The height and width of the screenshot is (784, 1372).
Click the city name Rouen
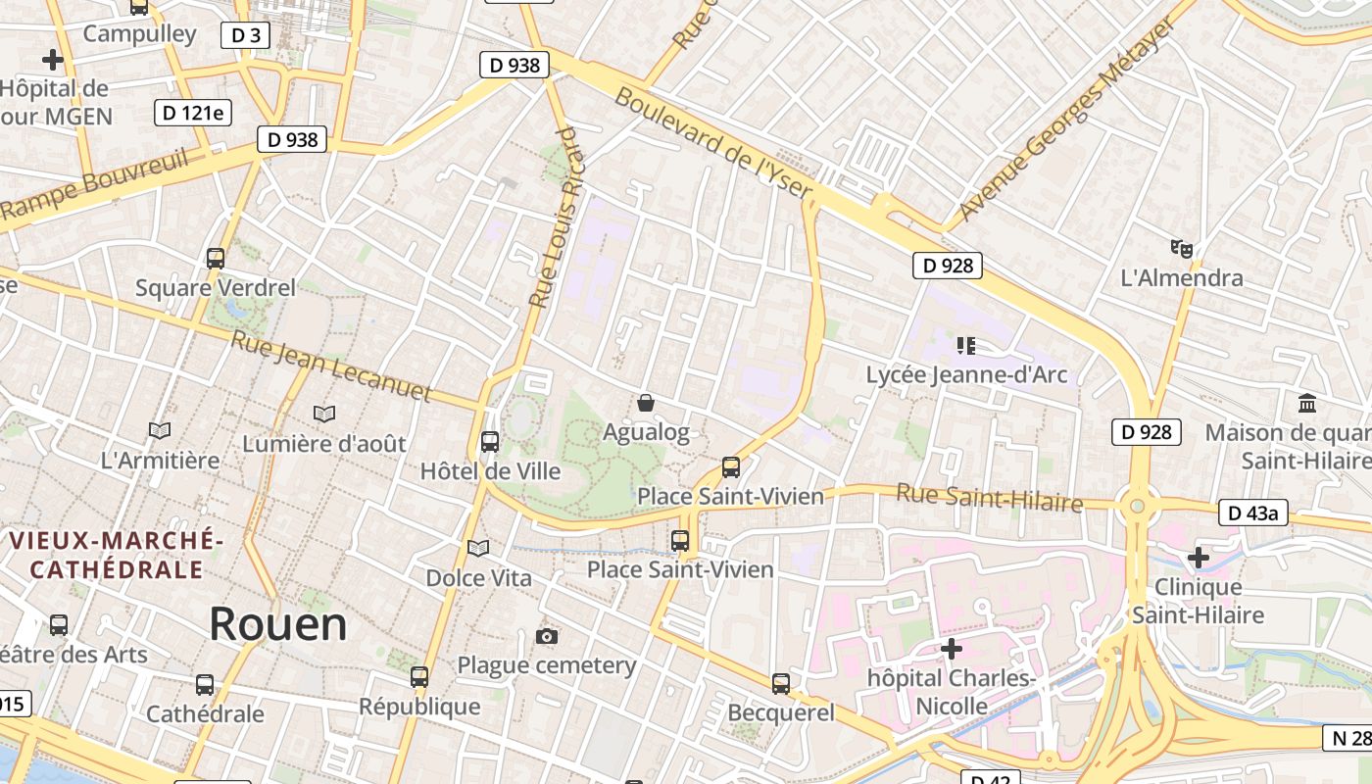click(x=278, y=624)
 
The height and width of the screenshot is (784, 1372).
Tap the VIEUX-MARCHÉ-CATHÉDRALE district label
click(x=117, y=555)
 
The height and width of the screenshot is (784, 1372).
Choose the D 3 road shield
click(x=244, y=36)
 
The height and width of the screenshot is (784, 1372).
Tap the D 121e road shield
click(x=192, y=113)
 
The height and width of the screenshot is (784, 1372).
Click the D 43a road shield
click(x=1253, y=513)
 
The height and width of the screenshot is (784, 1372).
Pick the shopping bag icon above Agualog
click(x=646, y=403)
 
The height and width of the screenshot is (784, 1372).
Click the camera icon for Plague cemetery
click(x=547, y=637)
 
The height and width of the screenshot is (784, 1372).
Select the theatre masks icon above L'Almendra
click(x=1182, y=249)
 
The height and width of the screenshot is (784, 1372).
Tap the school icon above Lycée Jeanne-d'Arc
click(x=966, y=345)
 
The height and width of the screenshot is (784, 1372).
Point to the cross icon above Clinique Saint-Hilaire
click(x=1198, y=558)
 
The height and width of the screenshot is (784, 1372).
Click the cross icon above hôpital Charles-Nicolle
click(x=951, y=648)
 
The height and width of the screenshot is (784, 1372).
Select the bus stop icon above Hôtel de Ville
click(x=490, y=442)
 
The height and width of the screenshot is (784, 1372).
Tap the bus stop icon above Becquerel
click(x=780, y=683)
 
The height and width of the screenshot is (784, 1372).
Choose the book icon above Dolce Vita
click(x=478, y=548)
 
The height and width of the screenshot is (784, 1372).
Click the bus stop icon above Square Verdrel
click(x=216, y=259)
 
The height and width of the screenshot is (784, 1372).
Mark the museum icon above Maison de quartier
click(x=1306, y=403)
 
